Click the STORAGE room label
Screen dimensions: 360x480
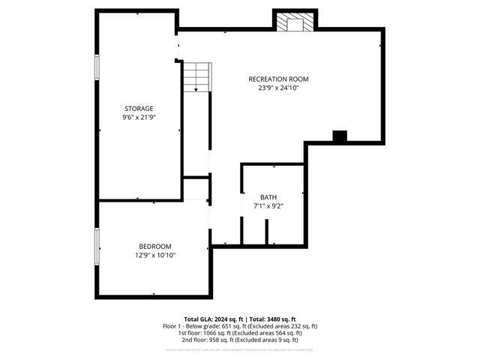pyautogui.click(x=139, y=108)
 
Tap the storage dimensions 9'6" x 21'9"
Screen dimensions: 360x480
pyautogui.click(x=139, y=117)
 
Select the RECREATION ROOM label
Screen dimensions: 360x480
pyautogui.click(x=278, y=79)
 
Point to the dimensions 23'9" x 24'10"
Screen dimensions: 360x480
pyautogui.click(x=278, y=88)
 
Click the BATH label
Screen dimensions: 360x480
pyautogui.click(x=268, y=196)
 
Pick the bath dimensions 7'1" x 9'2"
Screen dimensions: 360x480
pyautogui.click(x=268, y=205)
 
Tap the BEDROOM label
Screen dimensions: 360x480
pyautogui.click(x=155, y=246)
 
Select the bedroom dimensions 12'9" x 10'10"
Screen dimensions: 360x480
pyautogui.click(x=155, y=255)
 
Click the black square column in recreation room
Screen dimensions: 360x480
pyautogui.click(x=340, y=136)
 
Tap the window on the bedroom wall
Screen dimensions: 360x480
pyautogui.click(x=96, y=247)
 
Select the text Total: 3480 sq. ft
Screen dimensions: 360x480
pyautogui.click(x=273, y=319)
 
